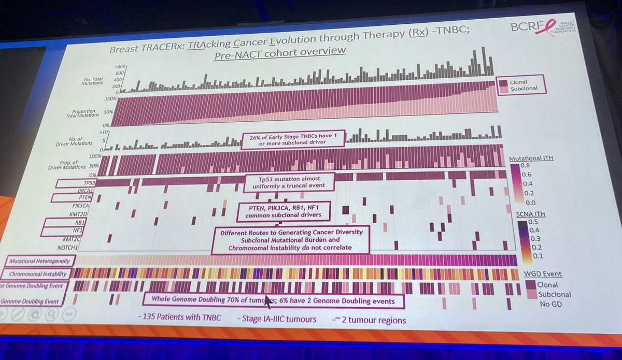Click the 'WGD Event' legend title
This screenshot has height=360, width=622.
click(542, 274)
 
